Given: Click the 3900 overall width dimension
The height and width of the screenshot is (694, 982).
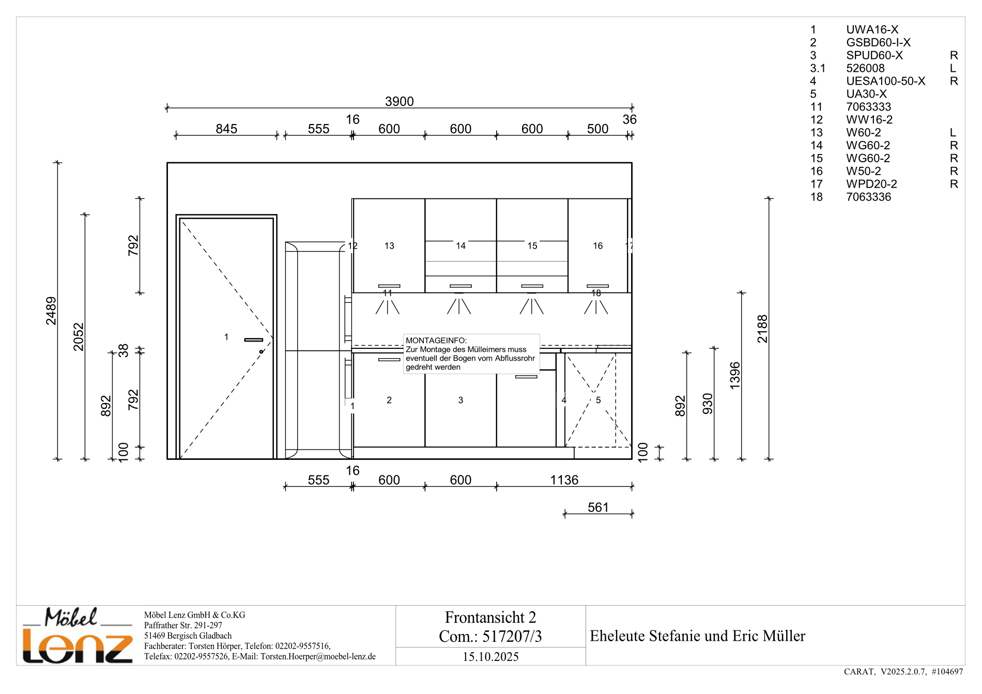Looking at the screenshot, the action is (x=399, y=101).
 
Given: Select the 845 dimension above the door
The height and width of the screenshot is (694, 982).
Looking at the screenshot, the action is (x=226, y=129).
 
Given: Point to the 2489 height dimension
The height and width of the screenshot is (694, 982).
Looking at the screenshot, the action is (x=51, y=311).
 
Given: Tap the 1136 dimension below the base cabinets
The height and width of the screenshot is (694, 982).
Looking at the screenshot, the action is (x=564, y=480).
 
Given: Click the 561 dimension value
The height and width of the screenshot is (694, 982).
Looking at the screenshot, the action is (x=598, y=507).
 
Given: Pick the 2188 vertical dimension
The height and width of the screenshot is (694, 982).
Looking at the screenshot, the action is (x=762, y=329).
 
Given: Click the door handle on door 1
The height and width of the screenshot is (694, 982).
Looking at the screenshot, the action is (x=253, y=340).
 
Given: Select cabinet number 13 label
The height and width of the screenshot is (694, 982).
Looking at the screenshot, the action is (x=389, y=246).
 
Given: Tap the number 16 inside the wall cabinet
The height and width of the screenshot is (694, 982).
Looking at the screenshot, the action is (x=597, y=246).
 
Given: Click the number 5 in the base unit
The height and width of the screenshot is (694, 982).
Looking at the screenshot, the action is (x=598, y=400).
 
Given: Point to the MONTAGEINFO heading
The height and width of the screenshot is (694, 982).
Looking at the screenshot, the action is (x=436, y=341).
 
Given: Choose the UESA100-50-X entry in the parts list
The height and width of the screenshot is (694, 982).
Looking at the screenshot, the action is (x=885, y=81).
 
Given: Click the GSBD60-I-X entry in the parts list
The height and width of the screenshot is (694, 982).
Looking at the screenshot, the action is (x=878, y=42).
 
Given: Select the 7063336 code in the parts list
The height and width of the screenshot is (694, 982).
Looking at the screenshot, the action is (x=868, y=197).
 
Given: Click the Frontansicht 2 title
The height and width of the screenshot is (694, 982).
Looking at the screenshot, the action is (x=490, y=617).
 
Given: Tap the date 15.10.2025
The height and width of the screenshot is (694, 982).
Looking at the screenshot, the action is (x=490, y=657).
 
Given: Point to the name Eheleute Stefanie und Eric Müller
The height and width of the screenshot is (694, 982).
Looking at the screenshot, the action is (x=697, y=636).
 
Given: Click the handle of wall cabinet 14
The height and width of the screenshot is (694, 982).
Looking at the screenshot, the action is (x=461, y=286).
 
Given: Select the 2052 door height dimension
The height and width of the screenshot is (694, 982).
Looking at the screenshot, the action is (x=79, y=336).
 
